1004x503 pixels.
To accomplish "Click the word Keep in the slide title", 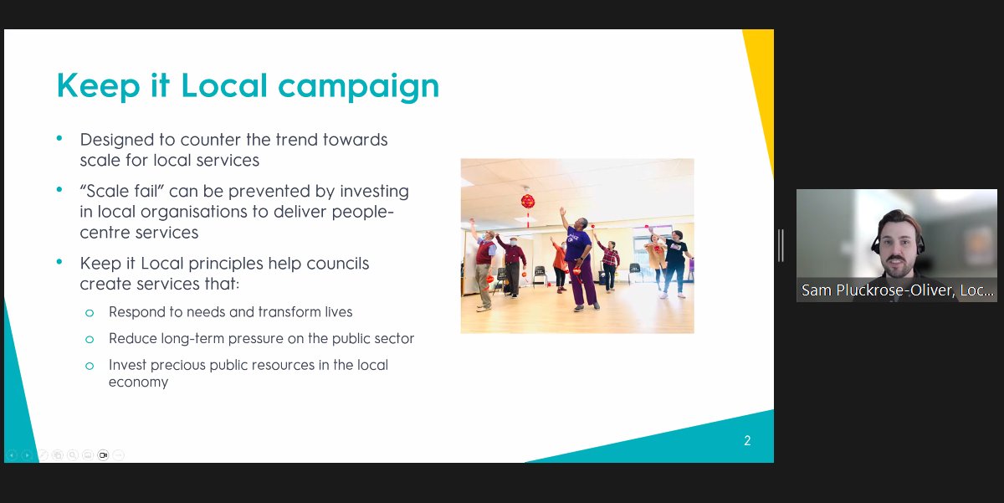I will (x=92, y=86).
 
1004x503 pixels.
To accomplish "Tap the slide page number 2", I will (x=747, y=440).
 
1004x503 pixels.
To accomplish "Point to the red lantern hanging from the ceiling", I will (x=528, y=201).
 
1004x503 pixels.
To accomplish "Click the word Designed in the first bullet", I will (x=115, y=140).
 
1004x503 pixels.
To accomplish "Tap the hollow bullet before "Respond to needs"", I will (x=90, y=312).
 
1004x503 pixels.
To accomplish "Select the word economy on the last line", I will (x=138, y=382).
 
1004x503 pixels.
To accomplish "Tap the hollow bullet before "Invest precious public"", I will (x=90, y=365).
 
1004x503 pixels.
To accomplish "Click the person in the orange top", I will (x=558, y=261).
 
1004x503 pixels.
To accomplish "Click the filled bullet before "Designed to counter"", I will (x=59, y=137).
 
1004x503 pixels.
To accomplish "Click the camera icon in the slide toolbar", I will (x=103, y=455).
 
